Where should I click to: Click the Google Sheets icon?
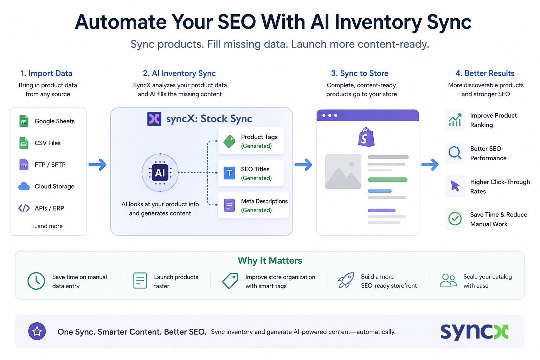24,121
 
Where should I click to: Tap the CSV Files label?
47,143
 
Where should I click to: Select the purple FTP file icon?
24,165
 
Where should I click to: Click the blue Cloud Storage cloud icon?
24,186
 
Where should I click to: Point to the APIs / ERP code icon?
24,208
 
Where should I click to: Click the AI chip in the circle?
160,173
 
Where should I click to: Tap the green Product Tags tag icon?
229,141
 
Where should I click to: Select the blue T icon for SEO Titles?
229,173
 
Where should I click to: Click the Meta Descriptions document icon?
229,205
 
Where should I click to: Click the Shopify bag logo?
366,137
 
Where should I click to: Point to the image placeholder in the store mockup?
343,172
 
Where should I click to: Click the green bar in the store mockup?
388,180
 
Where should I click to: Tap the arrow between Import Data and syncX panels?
97,165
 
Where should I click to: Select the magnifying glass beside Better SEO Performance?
455,153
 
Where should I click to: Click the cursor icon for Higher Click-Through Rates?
455,186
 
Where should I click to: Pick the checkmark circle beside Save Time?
455,219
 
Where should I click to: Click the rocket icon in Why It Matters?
346,280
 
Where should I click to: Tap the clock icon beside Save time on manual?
36,281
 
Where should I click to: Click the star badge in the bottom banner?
37,331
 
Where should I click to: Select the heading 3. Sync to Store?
360,73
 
